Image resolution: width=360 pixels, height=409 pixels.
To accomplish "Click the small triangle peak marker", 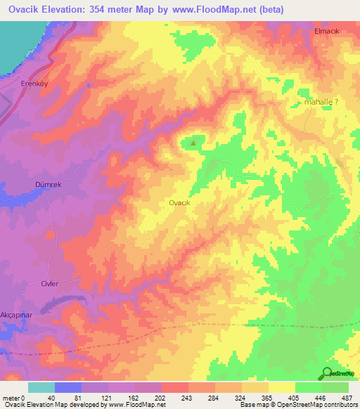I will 194,143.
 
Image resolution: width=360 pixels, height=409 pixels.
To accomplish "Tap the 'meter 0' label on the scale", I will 14,398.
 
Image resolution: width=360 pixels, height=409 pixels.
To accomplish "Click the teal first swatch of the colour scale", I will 41,387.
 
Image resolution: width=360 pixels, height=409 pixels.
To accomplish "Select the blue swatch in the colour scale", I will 68,387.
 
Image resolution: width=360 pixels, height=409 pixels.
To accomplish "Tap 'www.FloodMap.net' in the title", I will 232,9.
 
